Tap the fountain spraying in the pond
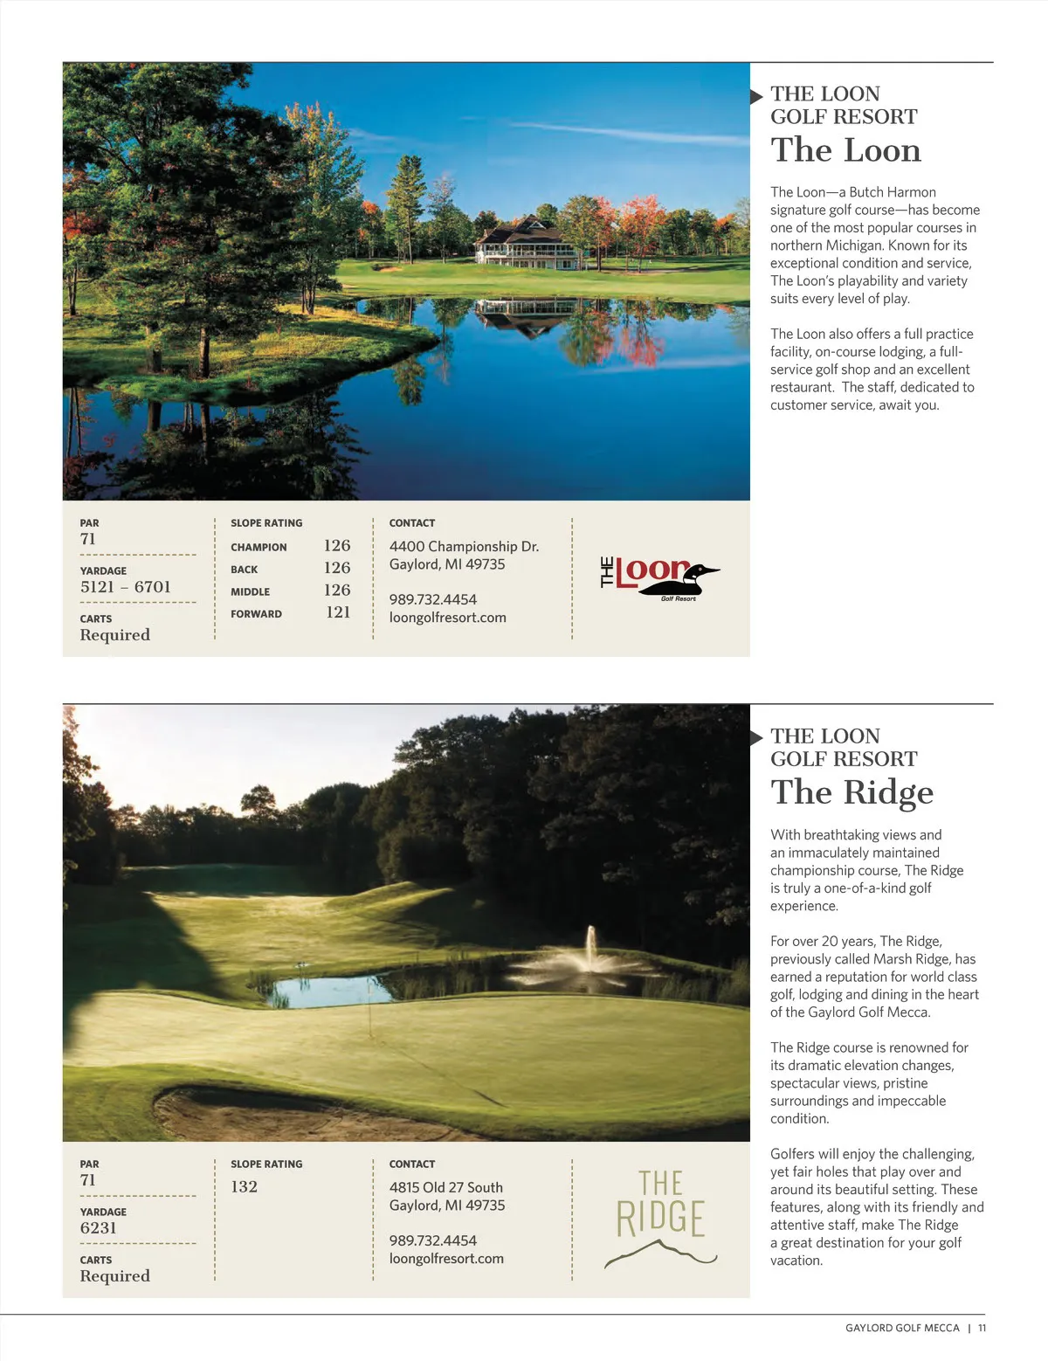pyautogui.click(x=591, y=952)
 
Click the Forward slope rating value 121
pyautogui.click(x=338, y=612)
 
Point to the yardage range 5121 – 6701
pyautogui.click(x=126, y=587)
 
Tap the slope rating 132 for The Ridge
pyautogui.click(x=245, y=1186)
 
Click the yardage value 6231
pyautogui.click(x=98, y=1227)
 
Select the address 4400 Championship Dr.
pyautogui.click(x=464, y=547)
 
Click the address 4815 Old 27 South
pyautogui.click(x=445, y=1187)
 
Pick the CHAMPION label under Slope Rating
pyautogui.click(x=259, y=547)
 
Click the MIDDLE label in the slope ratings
pyautogui.click(x=250, y=591)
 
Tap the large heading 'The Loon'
pyautogui.click(x=845, y=150)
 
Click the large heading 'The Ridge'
pyautogui.click(x=851, y=792)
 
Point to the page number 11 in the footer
pyautogui.click(x=982, y=1328)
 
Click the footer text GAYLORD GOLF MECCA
pyautogui.click(x=902, y=1328)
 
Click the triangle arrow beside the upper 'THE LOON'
pyautogui.click(x=756, y=96)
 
